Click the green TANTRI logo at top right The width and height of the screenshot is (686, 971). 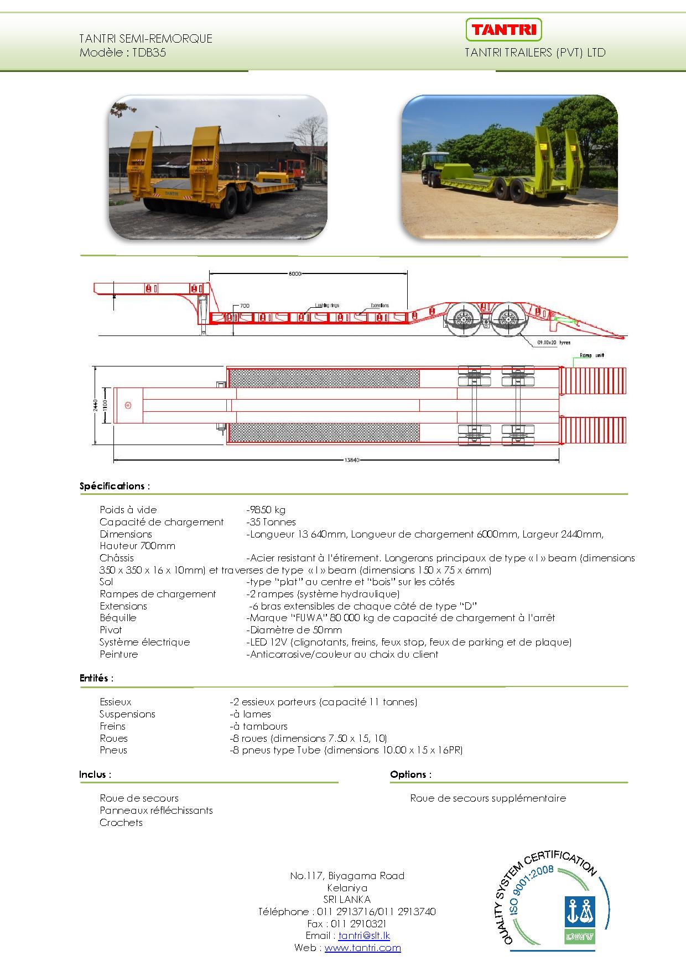(x=503, y=29)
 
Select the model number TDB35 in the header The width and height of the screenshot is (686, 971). (x=149, y=53)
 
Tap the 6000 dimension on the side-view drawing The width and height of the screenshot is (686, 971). (x=295, y=273)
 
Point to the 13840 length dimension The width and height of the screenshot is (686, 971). (x=352, y=459)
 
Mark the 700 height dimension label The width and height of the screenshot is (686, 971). (x=245, y=306)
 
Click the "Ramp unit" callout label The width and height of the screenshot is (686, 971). (x=591, y=355)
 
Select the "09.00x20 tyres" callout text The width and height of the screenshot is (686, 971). (x=553, y=343)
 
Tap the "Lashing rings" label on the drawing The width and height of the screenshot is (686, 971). (x=327, y=305)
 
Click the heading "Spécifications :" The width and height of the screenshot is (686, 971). (x=115, y=486)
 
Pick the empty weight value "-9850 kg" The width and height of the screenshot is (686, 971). (x=266, y=510)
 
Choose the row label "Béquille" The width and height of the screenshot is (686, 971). (x=118, y=618)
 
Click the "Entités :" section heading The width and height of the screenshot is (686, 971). (x=96, y=678)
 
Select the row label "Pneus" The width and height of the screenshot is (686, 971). (x=113, y=750)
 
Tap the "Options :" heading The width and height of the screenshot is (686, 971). (x=410, y=774)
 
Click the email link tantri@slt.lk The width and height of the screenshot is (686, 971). (x=364, y=936)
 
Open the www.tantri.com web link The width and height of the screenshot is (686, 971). (x=362, y=948)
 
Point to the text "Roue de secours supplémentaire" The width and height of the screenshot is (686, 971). (x=488, y=798)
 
